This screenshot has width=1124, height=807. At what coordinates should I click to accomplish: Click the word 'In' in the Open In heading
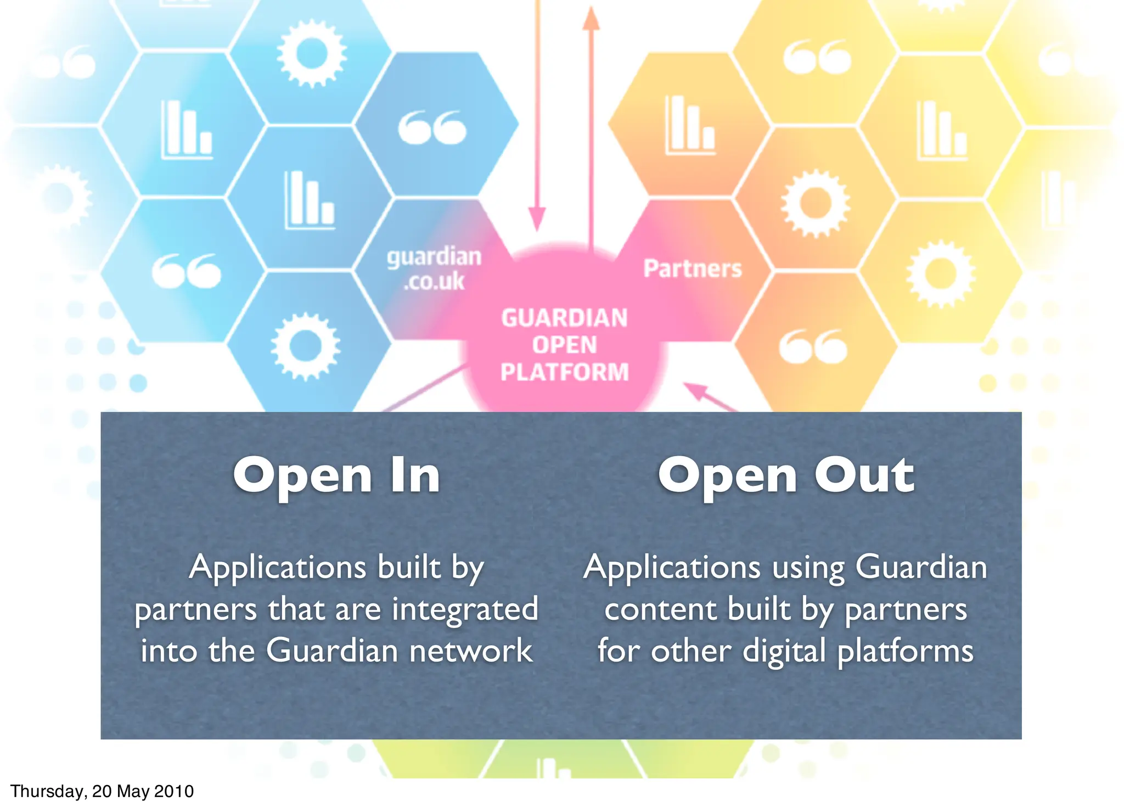click(x=415, y=475)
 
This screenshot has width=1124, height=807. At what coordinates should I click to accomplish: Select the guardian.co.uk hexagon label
click(x=434, y=268)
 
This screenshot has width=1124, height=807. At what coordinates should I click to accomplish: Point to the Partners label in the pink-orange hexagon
click(x=692, y=268)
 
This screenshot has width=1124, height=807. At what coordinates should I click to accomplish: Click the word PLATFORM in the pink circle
click(x=564, y=372)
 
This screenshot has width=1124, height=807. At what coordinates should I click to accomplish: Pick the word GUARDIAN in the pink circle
click(x=564, y=318)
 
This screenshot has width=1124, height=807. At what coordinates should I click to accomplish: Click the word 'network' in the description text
click(x=471, y=651)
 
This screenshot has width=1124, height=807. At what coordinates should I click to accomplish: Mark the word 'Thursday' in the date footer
click(x=46, y=792)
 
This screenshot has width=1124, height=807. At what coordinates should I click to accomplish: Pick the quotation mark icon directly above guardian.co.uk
click(x=432, y=127)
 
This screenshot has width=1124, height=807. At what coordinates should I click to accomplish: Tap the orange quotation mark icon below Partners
click(x=813, y=346)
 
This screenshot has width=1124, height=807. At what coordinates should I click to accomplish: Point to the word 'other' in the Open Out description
click(x=691, y=651)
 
